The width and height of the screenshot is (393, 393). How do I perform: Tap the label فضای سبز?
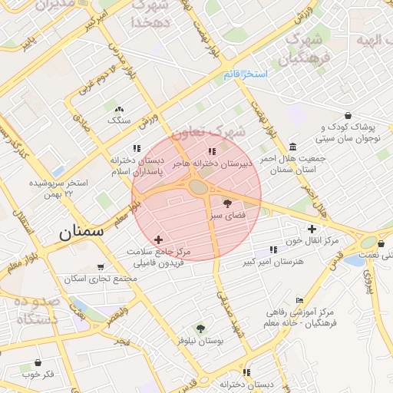pos(229,217)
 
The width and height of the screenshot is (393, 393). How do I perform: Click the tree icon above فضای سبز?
pos(227,203)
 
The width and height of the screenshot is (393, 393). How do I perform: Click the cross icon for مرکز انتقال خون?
pos(312,229)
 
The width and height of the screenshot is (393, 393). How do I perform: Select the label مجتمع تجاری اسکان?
pos(101,279)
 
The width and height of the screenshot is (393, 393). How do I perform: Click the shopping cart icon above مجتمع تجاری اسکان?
pos(101,267)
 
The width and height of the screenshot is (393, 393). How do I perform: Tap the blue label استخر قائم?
pos(245,75)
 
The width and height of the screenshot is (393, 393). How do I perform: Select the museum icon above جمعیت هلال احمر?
pos(292,147)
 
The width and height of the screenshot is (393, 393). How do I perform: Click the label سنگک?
pos(119,121)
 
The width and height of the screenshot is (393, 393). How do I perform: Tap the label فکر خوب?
pos(38,375)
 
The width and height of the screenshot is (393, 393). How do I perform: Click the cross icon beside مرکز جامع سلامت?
pos(159,240)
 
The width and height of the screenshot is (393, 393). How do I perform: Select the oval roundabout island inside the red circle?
pos(199,187)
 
